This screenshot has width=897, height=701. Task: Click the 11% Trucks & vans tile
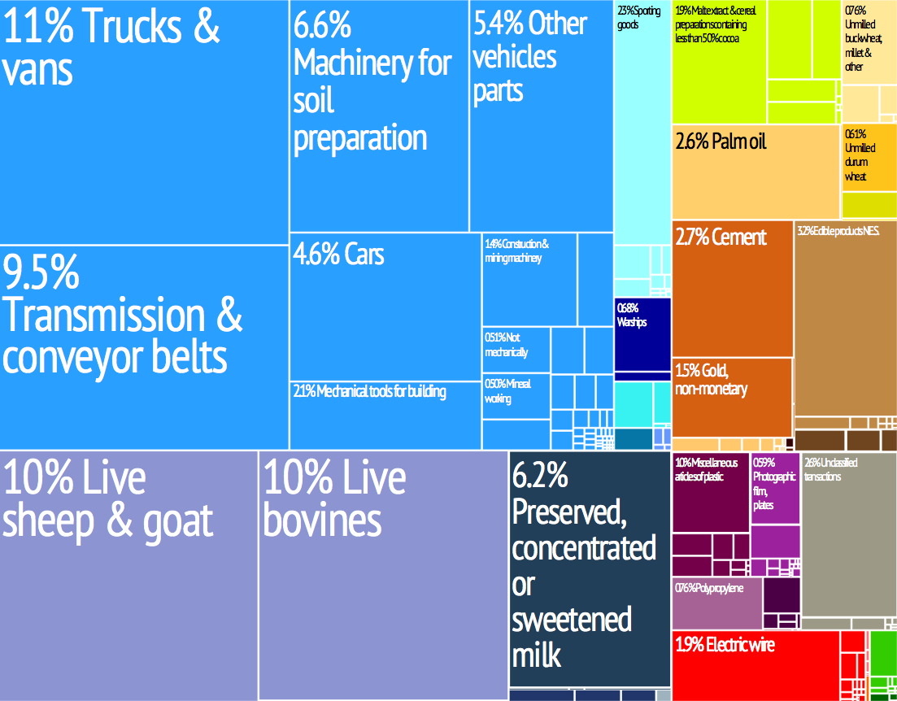click(x=144, y=122)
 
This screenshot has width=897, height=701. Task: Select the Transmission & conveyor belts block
click(x=144, y=346)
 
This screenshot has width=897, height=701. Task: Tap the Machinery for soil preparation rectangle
click(x=379, y=115)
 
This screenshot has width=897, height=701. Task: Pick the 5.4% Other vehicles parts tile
click(x=541, y=115)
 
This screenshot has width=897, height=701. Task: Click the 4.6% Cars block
click(x=385, y=306)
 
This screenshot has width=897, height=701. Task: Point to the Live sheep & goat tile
click(x=128, y=574)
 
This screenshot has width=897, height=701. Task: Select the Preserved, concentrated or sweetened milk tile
click(x=589, y=569)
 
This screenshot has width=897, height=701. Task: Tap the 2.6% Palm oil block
click(x=755, y=171)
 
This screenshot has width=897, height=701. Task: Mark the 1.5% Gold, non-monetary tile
click(x=732, y=397)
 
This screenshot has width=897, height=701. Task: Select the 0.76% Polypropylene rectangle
click(x=717, y=603)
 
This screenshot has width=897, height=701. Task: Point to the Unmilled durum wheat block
click(x=869, y=158)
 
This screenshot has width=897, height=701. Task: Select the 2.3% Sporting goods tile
click(x=641, y=122)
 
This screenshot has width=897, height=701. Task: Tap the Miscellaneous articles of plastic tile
click(x=710, y=492)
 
